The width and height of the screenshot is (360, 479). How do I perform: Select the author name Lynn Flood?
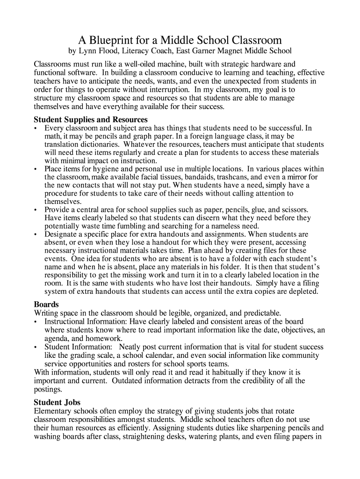(x=97, y=51)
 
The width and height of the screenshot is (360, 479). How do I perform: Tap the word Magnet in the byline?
(x=232, y=51)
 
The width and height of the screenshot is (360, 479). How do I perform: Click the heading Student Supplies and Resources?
(x=91, y=119)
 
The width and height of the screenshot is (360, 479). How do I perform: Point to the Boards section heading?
(x=46, y=304)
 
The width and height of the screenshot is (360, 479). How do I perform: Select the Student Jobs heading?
(x=57, y=402)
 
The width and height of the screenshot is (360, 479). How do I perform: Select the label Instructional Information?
(x=86, y=322)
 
